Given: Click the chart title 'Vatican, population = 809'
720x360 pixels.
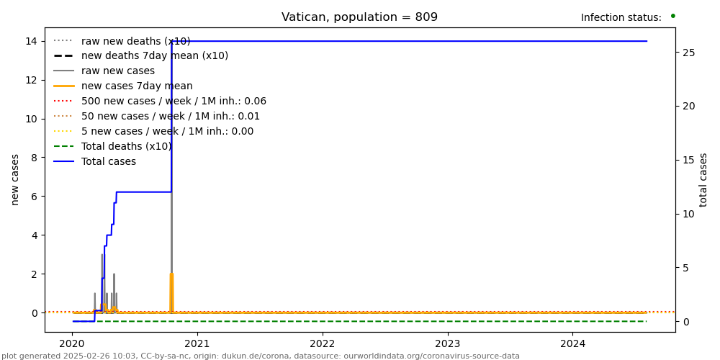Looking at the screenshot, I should [359, 17].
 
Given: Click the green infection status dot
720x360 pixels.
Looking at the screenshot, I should [672, 16].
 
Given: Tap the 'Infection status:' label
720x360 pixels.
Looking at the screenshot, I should [621, 18].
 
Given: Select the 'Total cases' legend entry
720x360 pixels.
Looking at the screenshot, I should [108, 162].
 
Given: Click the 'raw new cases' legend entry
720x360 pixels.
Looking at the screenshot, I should [117, 71].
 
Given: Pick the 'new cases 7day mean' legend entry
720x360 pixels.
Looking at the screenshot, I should [137, 86].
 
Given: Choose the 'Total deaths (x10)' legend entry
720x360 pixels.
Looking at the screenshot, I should [126, 147].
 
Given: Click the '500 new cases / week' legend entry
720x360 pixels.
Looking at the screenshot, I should [173, 102].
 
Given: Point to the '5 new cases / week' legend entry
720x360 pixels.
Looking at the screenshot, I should [167, 132].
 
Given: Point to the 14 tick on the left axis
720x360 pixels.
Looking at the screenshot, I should [32, 41].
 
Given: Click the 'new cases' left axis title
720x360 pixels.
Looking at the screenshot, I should [15, 179].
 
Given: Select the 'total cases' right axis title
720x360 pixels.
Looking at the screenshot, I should [704, 179].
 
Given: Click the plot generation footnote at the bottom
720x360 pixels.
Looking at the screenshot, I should [260, 356].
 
